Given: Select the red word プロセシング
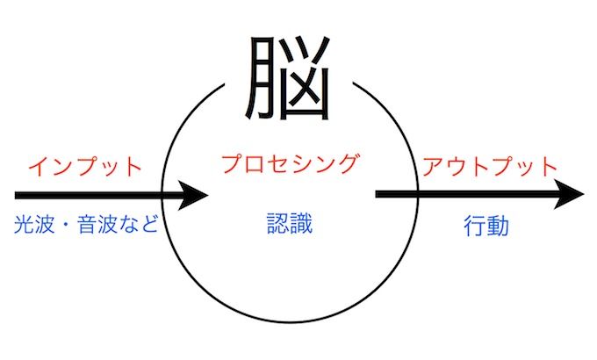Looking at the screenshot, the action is pyautogui.click(x=291, y=164).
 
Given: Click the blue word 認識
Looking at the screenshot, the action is pyautogui.click(x=290, y=225).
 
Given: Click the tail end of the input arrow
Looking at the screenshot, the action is pyautogui.click(x=18, y=194).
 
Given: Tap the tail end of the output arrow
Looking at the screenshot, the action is pyautogui.click(x=379, y=194).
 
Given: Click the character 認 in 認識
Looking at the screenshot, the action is pyautogui.click(x=277, y=225).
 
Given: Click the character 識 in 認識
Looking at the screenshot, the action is pyautogui.click(x=302, y=225).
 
